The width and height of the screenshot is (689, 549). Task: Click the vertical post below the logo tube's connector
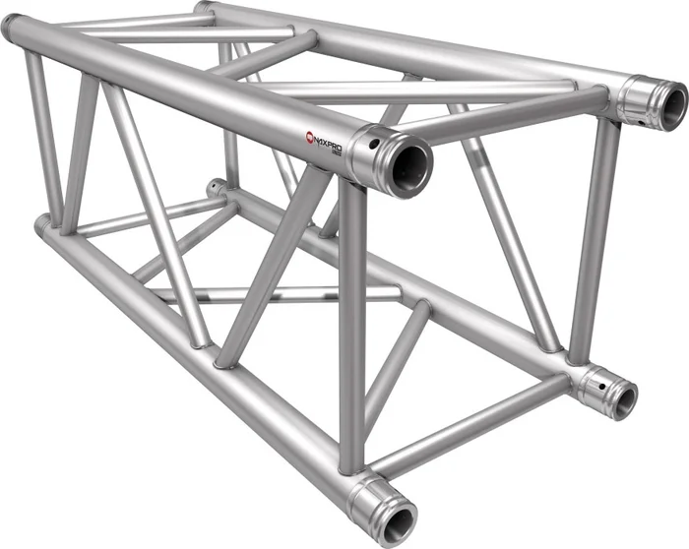[x=351, y=325]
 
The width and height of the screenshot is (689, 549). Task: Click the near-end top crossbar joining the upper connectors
[x=512, y=110]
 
